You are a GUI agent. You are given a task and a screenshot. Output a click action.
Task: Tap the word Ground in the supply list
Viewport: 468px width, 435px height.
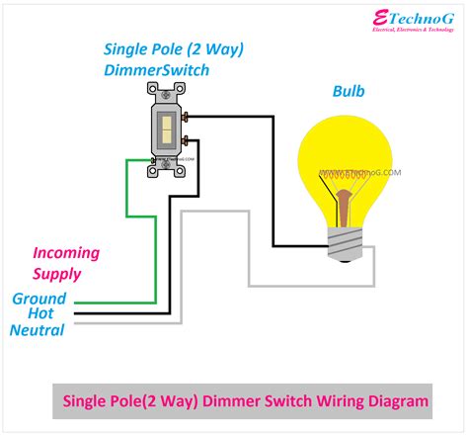click(39, 299)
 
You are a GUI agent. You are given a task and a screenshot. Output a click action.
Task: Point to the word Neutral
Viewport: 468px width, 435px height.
click(37, 330)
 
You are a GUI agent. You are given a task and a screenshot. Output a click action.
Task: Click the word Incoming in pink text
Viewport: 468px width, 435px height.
click(66, 253)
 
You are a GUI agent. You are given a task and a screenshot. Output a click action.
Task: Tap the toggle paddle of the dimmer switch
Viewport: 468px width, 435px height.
click(165, 126)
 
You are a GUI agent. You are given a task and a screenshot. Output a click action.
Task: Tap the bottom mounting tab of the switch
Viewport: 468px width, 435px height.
click(165, 170)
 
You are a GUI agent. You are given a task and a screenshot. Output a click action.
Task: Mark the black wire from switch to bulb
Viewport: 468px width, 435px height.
click(273, 178)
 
